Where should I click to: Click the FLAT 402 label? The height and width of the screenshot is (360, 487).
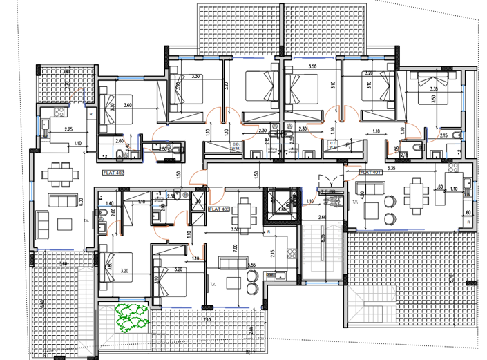point(113,172)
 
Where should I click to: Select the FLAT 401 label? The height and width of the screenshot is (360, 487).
point(371,172)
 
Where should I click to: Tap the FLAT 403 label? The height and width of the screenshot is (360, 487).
point(219,207)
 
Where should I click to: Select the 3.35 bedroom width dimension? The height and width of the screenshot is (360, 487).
point(433,90)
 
